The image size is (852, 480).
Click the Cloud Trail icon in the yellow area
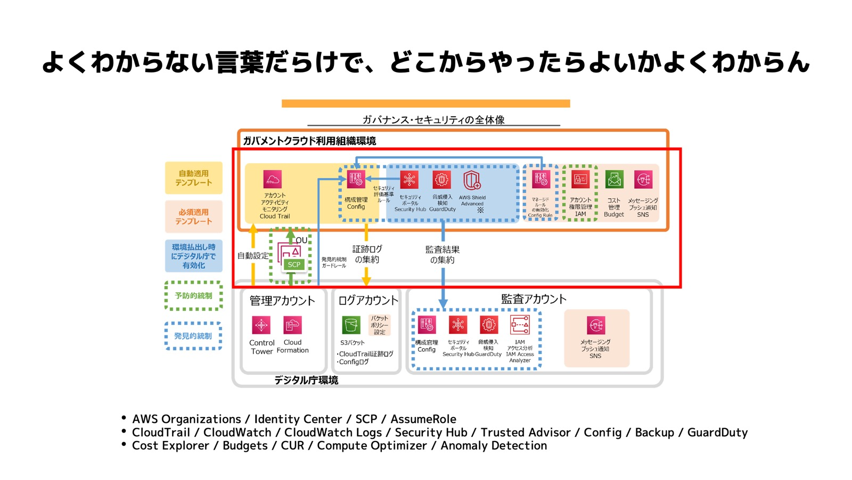pyautogui.click(x=272, y=179)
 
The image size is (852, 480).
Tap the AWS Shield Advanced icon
pyautogui.click(x=472, y=180)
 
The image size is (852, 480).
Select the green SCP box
pyautogui.click(x=294, y=265)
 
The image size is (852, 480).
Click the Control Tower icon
pyautogui.click(x=261, y=325)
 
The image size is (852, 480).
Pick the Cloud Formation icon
pyautogui.click(x=292, y=325)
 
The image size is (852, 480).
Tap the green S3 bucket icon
pyautogui.click(x=350, y=325)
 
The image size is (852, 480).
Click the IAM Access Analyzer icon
pyautogui.click(x=520, y=324)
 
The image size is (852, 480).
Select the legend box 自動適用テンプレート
pyautogui.click(x=194, y=178)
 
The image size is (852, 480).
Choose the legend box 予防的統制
pyautogui.click(x=194, y=295)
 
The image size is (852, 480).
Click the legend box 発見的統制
pyautogui.click(x=194, y=336)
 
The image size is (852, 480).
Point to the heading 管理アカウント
pyautogui.click(x=282, y=301)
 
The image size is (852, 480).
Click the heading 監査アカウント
pyautogui.click(x=534, y=299)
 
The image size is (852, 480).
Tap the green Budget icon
pyautogui.click(x=614, y=180)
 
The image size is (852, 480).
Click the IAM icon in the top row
pyautogui.click(x=580, y=180)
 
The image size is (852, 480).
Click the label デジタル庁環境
pyautogui.click(x=306, y=380)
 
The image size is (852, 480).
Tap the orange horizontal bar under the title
pyautogui.click(x=425, y=103)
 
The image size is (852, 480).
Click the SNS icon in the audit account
pyautogui.click(x=595, y=325)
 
